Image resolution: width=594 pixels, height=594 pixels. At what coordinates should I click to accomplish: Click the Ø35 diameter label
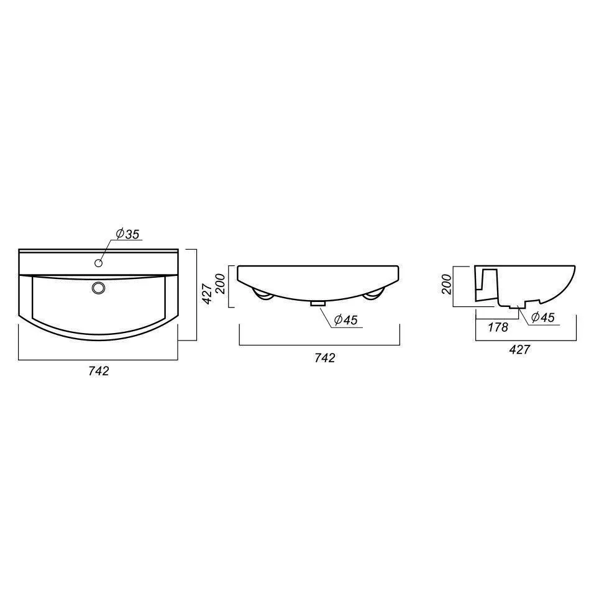[x=128, y=234]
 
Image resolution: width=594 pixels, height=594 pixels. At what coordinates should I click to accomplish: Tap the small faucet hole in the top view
[x=99, y=263]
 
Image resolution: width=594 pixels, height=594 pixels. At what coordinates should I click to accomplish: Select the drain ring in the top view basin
[x=98, y=288]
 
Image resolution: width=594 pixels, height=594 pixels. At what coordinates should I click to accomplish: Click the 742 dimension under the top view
[x=99, y=370]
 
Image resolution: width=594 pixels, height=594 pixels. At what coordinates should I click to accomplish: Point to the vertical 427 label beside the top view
[x=207, y=294]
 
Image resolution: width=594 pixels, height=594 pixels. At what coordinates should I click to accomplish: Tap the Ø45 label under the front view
[x=346, y=320]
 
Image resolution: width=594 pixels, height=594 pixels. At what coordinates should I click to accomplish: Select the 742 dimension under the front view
[x=325, y=358]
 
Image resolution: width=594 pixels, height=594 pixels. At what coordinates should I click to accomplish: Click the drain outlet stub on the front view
[x=318, y=303]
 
